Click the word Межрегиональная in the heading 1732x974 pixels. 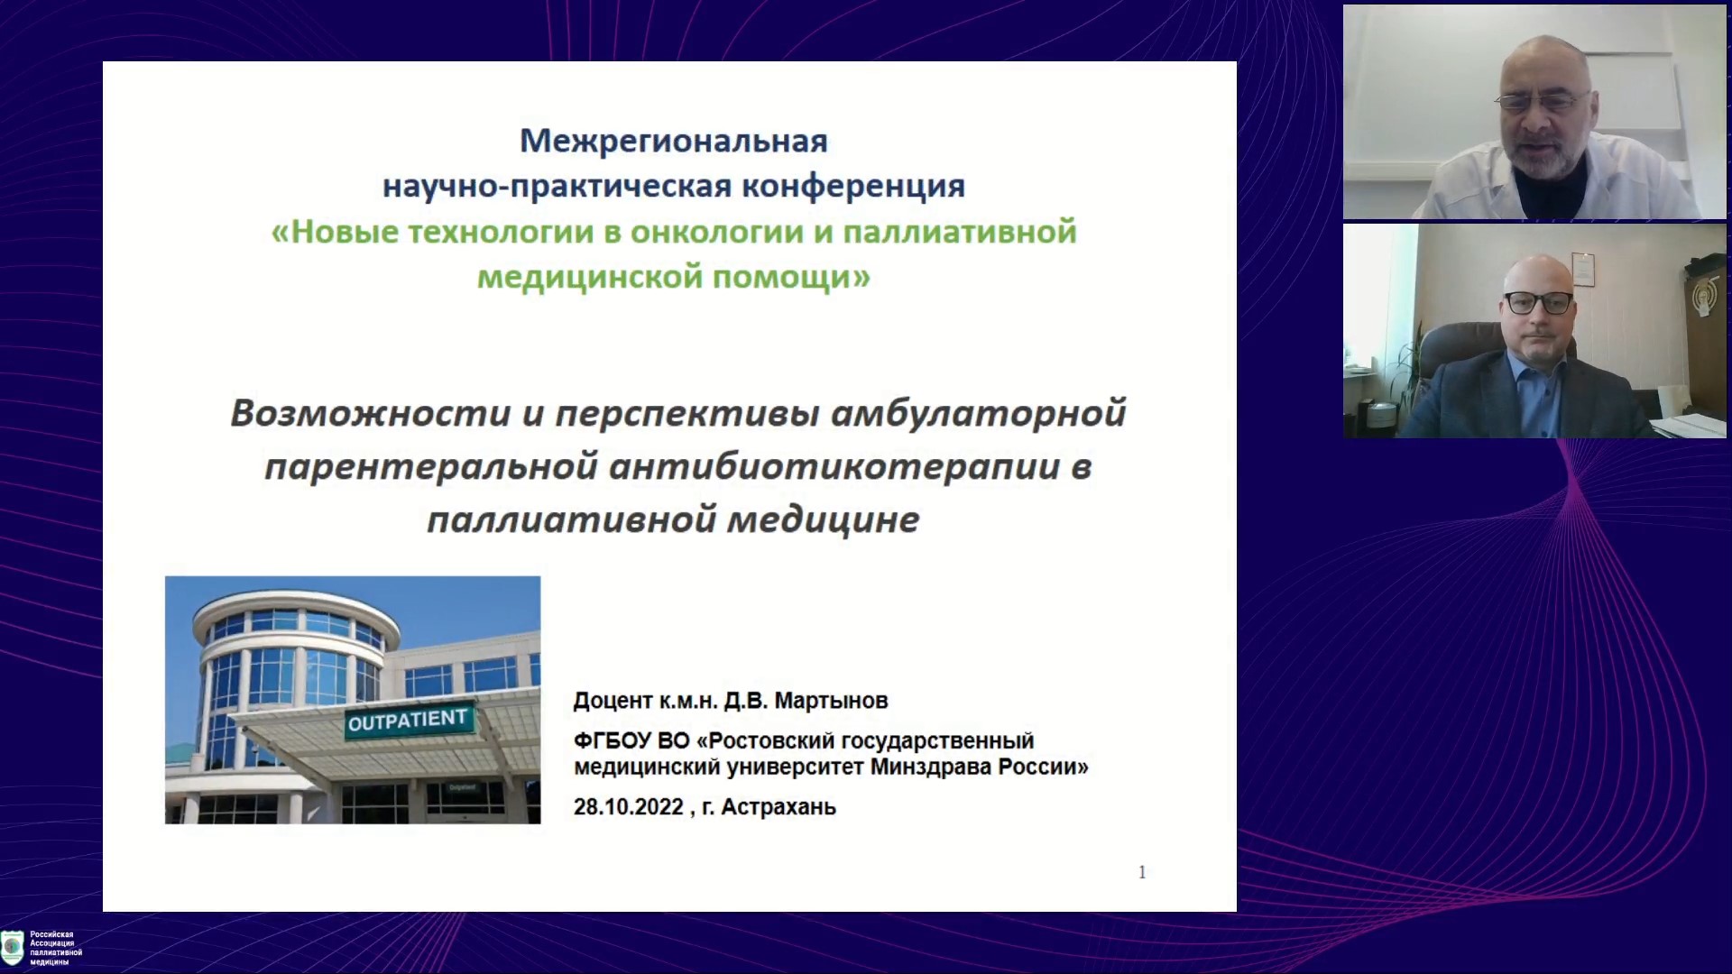(x=673, y=141)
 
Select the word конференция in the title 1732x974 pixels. (x=853, y=186)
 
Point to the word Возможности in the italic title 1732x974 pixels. (x=371, y=413)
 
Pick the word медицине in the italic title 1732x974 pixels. (x=823, y=520)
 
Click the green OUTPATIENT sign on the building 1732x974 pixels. (x=408, y=721)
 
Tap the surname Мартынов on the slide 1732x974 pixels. (x=831, y=701)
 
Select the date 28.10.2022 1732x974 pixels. (x=629, y=807)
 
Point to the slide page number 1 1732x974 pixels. (x=1142, y=872)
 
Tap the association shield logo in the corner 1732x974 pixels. (x=13, y=947)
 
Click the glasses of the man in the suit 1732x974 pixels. (x=1538, y=303)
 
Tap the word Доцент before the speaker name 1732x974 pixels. (x=613, y=701)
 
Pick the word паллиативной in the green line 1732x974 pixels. (x=960, y=232)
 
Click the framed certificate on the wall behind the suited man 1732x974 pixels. (x=1583, y=268)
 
